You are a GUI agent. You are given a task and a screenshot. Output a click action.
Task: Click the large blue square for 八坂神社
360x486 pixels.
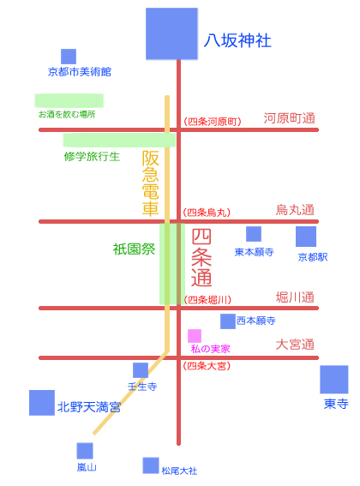pyautogui.click(x=172, y=33)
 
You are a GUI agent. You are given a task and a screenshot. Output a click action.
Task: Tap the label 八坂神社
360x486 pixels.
pyautogui.click(x=237, y=40)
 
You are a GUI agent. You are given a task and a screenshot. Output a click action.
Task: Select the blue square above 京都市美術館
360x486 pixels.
pyautogui.click(x=69, y=57)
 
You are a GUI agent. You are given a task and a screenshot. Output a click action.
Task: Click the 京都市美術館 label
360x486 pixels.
pyautogui.click(x=79, y=72)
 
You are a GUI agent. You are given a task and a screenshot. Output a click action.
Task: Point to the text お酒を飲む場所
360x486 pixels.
pyautogui.click(x=67, y=114)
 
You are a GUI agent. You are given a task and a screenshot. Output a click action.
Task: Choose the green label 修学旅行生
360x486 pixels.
pyautogui.click(x=92, y=156)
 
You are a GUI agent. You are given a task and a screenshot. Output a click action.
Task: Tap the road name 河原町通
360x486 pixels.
pyautogui.click(x=290, y=118)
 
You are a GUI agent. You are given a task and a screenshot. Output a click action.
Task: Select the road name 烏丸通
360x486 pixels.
pyautogui.click(x=295, y=210)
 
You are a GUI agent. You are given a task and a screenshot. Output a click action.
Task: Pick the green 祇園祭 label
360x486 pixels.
pyautogui.click(x=134, y=249)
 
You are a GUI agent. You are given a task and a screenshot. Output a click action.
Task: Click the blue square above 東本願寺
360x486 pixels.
pyautogui.click(x=254, y=234)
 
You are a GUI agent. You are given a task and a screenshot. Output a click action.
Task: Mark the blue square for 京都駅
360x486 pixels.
pyautogui.click(x=306, y=237)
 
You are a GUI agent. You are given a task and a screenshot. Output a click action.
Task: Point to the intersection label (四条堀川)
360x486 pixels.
pyautogui.click(x=207, y=300)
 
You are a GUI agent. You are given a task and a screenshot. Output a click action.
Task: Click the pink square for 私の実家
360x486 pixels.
pyautogui.click(x=195, y=335)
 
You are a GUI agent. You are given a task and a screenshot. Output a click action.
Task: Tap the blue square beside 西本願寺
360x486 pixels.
pyautogui.click(x=227, y=321)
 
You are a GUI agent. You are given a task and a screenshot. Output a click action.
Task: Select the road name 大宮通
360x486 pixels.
pyautogui.click(x=295, y=345)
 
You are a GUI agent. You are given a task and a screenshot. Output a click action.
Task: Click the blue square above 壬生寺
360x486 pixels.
pyautogui.click(x=141, y=370)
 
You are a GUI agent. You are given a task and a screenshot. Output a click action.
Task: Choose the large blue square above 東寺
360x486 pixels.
pyautogui.click(x=334, y=380)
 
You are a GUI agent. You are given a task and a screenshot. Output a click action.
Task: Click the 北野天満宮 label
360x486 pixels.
pyautogui.click(x=89, y=407)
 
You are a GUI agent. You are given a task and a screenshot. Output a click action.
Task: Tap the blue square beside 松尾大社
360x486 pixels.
pyautogui.click(x=151, y=465)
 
